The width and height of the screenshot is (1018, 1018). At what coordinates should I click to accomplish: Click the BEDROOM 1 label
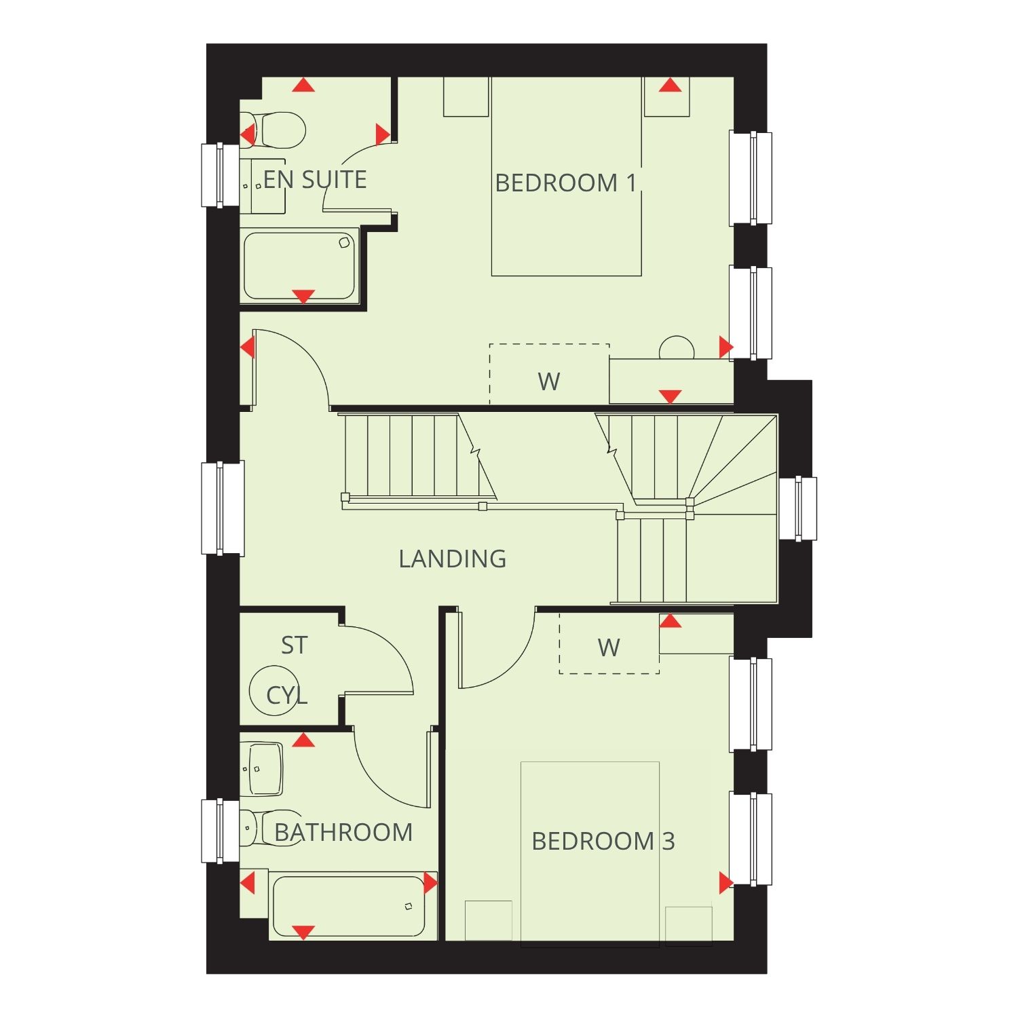(x=566, y=183)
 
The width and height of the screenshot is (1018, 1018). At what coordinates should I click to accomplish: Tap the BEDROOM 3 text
(x=603, y=841)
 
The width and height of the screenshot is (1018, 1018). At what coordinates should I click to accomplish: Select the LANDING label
(x=452, y=559)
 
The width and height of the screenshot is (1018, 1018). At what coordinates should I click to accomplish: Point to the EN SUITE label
(x=315, y=179)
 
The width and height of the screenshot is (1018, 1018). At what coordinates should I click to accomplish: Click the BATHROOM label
(x=343, y=832)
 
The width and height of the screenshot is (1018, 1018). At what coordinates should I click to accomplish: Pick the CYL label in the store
(x=286, y=695)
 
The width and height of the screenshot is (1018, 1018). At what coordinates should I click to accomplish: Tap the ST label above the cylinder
(x=294, y=645)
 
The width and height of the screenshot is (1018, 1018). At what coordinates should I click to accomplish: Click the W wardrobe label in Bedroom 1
(x=548, y=381)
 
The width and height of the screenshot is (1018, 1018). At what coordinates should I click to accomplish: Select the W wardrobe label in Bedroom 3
(x=609, y=647)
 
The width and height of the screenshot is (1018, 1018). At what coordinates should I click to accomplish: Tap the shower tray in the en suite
(x=300, y=266)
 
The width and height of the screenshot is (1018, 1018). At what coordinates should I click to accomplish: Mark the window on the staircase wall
(x=797, y=508)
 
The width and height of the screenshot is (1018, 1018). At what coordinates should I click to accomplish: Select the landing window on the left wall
(x=223, y=508)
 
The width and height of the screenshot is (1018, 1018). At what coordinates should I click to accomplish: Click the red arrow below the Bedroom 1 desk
(x=670, y=397)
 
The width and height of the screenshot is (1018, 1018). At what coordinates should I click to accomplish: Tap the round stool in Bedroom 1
(x=677, y=348)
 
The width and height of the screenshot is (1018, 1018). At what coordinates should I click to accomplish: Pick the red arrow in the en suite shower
(x=303, y=297)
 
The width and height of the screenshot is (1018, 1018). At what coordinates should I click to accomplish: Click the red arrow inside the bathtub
(x=303, y=932)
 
